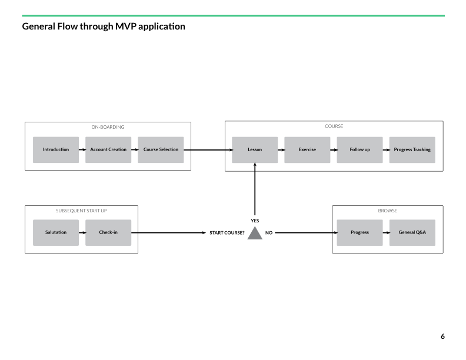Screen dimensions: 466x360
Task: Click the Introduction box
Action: coord(56,149)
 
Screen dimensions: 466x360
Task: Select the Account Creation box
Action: coord(108,149)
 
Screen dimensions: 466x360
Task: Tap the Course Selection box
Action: coord(161,149)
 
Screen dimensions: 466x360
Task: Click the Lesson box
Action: coord(255,149)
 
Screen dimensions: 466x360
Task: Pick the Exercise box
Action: coord(307,149)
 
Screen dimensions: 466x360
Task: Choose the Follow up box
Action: coord(360,149)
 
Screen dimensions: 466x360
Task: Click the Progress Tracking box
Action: coord(412,149)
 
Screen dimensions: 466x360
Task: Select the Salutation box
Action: coord(56,232)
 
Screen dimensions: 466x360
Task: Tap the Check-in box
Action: coord(108,232)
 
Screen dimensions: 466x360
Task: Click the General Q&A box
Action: coord(412,232)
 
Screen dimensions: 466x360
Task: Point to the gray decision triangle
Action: coord(255,234)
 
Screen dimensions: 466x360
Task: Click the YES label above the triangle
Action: coord(255,221)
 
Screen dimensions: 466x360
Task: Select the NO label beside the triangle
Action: coord(269,233)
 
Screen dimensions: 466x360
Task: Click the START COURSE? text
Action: coord(227,233)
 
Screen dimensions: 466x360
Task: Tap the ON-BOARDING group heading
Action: coord(108,127)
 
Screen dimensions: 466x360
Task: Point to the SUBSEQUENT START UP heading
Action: coord(81,211)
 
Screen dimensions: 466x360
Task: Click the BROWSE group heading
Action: coord(388,211)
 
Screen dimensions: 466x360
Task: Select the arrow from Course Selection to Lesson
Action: coord(208,149)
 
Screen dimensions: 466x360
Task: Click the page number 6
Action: coord(442,336)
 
